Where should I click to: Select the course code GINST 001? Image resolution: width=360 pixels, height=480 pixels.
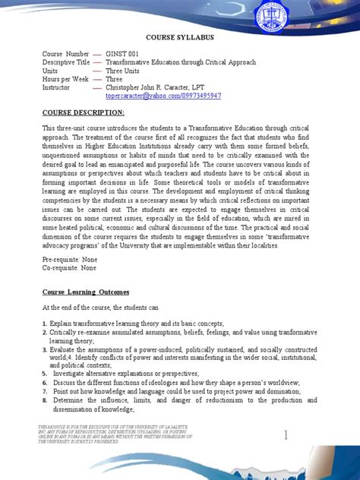click(x=128, y=54)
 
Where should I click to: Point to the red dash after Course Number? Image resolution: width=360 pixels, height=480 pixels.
click(x=97, y=54)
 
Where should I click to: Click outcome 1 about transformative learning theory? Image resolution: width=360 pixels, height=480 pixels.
click(x=137, y=324)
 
